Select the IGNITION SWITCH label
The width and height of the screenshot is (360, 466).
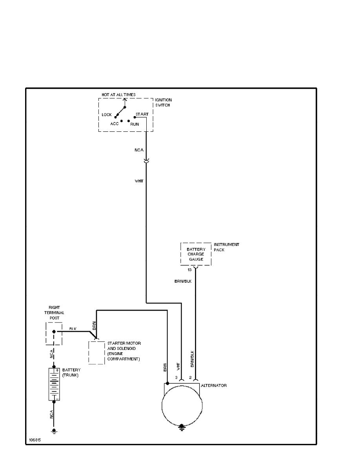coord(163,103)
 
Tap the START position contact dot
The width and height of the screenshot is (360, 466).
coord(135,117)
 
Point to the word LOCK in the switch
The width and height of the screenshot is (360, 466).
coord(107,115)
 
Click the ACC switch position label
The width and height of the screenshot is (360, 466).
coord(114,124)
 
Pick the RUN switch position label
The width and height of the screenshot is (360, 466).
coord(135,124)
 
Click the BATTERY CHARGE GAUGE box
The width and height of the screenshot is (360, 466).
coord(196,254)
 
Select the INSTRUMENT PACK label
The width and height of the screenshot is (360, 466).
coord(226,247)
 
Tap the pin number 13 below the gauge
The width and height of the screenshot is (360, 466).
coord(189,270)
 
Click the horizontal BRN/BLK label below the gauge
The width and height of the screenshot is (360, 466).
coord(184,281)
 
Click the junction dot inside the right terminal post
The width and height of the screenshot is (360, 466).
coord(54,331)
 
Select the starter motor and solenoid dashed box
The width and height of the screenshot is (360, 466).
coord(96,352)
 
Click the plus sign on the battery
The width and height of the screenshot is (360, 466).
coord(57,370)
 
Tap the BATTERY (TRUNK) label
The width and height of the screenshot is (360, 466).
coord(71,372)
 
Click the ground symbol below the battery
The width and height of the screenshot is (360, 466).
coord(54,431)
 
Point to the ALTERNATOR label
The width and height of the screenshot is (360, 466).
coord(213,386)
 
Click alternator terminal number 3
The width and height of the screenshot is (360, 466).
coord(176,377)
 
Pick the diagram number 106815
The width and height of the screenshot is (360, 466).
coord(35,440)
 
